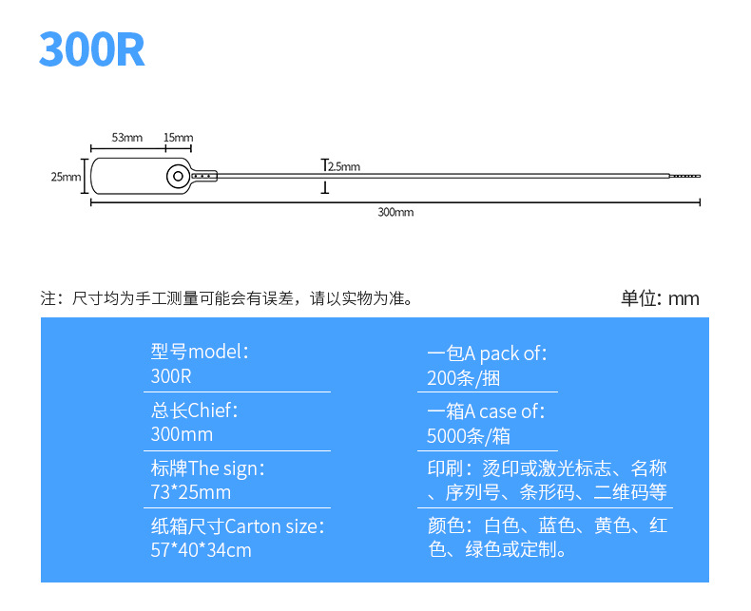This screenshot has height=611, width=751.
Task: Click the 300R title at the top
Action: click(91, 50)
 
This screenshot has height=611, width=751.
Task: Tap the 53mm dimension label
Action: click(126, 138)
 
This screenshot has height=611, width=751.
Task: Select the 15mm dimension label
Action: click(178, 138)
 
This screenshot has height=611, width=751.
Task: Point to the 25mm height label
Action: click(66, 177)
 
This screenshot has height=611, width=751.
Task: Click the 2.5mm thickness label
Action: click(343, 167)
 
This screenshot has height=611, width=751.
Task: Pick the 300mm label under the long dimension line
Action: click(395, 213)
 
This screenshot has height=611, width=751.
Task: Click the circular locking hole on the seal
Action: click(177, 176)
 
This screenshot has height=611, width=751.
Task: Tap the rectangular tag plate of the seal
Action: click(128, 177)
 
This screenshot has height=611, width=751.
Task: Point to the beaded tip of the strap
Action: click(684, 176)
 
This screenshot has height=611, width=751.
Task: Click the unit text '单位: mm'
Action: click(660, 298)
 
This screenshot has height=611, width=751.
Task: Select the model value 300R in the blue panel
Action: click(171, 376)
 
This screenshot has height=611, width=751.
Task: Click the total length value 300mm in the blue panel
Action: click(182, 435)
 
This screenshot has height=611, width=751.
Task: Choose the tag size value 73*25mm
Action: click(190, 493)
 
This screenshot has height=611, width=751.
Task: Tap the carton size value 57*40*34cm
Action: click(201, 550)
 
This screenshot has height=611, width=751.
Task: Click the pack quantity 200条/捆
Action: click(464, 377)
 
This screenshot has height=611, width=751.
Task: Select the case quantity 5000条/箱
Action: click(470, 436)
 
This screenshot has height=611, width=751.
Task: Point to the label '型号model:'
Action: click(200, 352)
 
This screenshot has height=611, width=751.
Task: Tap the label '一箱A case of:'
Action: click(487, 411)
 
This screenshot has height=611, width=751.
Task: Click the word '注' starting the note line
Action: click(48, 299)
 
